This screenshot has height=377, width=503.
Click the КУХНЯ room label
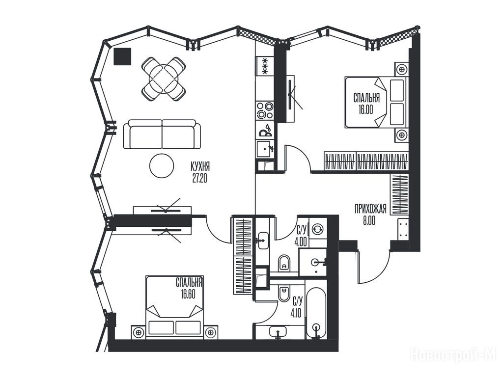[x=200, y=167]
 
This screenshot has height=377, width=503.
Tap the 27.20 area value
[x=200, y=178]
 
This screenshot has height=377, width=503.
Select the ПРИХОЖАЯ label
[x=370, y=209]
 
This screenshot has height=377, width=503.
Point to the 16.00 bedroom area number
[x=365, y=109]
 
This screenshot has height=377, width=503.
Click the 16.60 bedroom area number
[x=188, y=294]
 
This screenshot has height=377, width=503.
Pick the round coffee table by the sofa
[x=162, y=165]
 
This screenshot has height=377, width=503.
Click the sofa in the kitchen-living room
[x=162, y=134]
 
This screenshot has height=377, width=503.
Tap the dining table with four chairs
[x=164, y=79]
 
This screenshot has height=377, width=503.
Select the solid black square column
[x=122, y=56]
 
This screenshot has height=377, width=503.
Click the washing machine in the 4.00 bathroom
[x=318, y=229]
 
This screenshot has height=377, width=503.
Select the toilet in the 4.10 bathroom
[x=283, y=294]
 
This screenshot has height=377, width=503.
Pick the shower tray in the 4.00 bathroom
[x=313, y=262]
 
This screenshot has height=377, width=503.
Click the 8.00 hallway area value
[x=369, y=221]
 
